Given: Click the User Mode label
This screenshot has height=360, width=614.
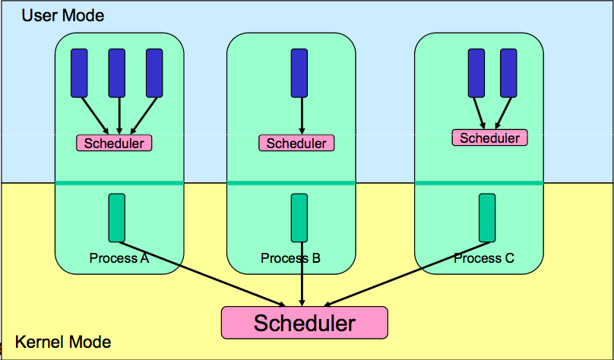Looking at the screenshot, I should click(x=62, y=15).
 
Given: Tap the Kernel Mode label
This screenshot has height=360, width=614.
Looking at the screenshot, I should click(x=63, y=343).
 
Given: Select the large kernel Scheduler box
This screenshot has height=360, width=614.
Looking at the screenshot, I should click(x=304, y=323).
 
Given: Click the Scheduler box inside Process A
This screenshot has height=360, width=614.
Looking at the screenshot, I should click(x=114, y=143).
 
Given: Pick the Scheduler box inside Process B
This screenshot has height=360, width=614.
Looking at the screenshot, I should click(x=296, y=143).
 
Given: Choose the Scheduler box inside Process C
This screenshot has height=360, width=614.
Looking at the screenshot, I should click(x=490, y=137).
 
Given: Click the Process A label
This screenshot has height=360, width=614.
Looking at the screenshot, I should click(x=119, y=258).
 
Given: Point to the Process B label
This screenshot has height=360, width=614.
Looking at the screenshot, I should click(x=290, y=258).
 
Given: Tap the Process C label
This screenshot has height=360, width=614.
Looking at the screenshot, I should click(x=484, y=258).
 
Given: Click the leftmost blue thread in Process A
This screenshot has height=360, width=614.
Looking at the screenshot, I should click(x=79, y=73).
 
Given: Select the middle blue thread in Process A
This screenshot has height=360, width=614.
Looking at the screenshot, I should click(x=117, y=73).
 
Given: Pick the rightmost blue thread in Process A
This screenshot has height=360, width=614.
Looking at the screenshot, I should click(x=154, y=73).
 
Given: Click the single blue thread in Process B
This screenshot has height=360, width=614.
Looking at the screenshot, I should click(x=300, y=73).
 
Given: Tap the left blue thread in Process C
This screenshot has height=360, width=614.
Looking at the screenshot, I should click(x=476, y=73).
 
